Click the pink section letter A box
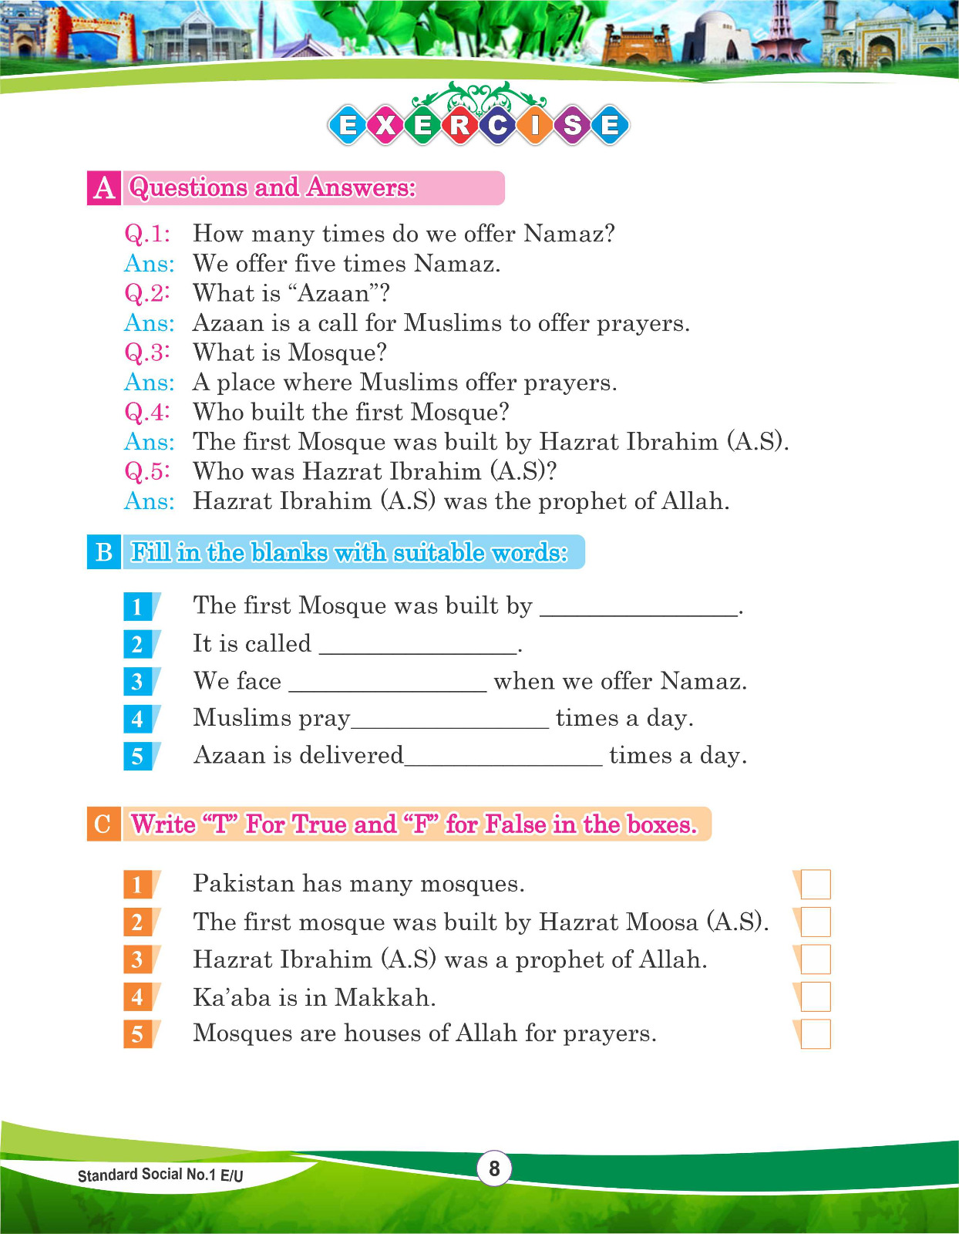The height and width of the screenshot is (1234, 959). pyautogui.click(x=103, y=188)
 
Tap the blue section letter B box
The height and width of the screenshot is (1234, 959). pyautogui.click(x=104, y=552)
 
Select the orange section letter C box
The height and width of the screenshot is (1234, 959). pyautogui.click(x=103, y=824)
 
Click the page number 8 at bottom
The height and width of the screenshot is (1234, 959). pyautogui.click(x=494, y=1168)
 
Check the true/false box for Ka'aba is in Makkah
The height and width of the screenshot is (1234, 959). pyautogui.click(x=816, y=996)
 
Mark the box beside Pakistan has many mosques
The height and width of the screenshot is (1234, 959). pyautogui.click(x=816, y=884)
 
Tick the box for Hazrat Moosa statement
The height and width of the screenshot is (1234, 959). pyautogui.click(x=816, y=922)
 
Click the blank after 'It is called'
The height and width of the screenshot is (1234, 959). pyautogui.click(x=418, y=646)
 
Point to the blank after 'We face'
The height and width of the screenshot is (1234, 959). pyautogui.click(x=388, y=684)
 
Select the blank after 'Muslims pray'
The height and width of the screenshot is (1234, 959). pyautogui.click(x=450, y=721)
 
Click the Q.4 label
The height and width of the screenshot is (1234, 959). pyautogui.click(x=146, y=412)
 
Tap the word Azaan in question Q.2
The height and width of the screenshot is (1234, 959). pyautogui.click(x=331, y=294)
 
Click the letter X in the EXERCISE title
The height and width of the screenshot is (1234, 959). pyautogui.click(x=385, y=125)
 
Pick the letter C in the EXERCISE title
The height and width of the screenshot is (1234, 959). pyautogui.click(x=497, y=125)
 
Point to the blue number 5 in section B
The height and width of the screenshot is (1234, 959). pyautogui.click(x=138, y=756)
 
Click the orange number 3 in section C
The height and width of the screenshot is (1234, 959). pyautogui.click(x=138, y=959)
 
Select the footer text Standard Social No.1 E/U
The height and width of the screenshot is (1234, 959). pyautogui.click(x=160, y=1175)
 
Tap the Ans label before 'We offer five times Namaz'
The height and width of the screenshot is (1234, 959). pyautogui.click(x=149, y=264)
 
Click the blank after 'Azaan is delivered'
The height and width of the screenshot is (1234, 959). pyautogui.click(x=503, y=758)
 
